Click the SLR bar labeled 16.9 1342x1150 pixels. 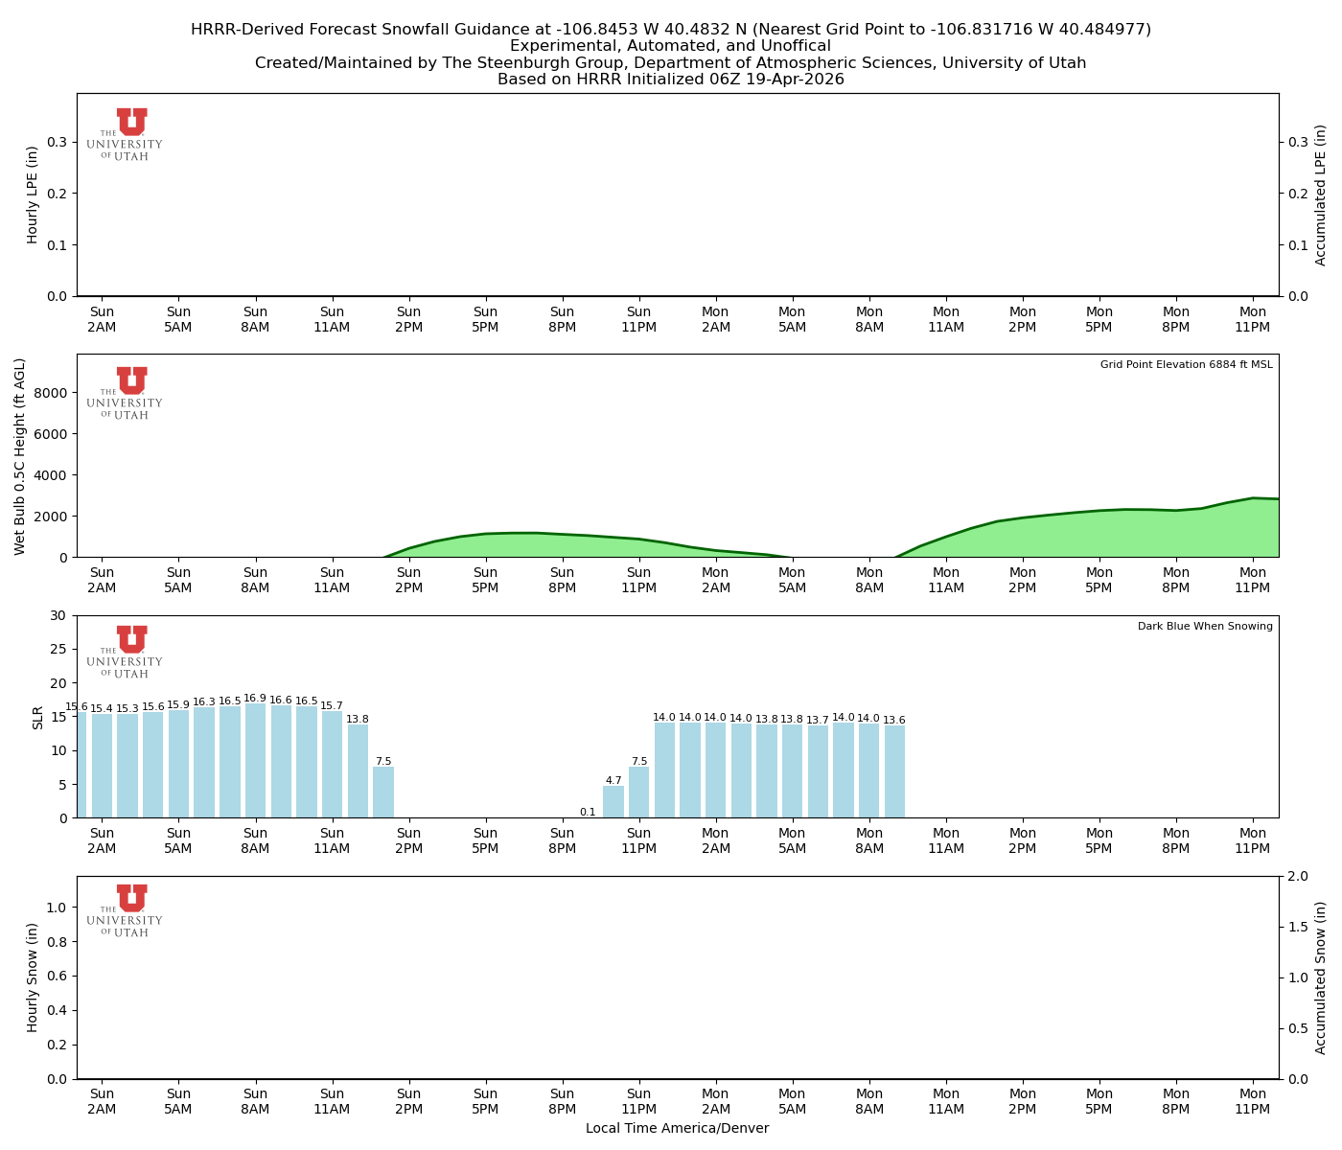(255, 760)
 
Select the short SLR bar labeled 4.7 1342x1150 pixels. (613, 802)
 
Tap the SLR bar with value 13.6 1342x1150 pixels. (894, 771)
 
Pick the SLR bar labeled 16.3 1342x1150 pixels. (204, 762)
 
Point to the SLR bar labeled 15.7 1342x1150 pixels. (332, 764)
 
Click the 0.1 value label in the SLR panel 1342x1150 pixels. (588, 812)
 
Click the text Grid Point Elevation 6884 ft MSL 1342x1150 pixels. (1186, 364)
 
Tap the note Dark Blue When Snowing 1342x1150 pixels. (1205, 626)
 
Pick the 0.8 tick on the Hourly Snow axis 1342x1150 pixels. (57, 942)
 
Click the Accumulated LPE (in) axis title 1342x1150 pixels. (1321, 195)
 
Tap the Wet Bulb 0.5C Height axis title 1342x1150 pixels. (20, 456)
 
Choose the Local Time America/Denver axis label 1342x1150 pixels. (677, 1128)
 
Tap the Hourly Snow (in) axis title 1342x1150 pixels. (33, 977)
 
